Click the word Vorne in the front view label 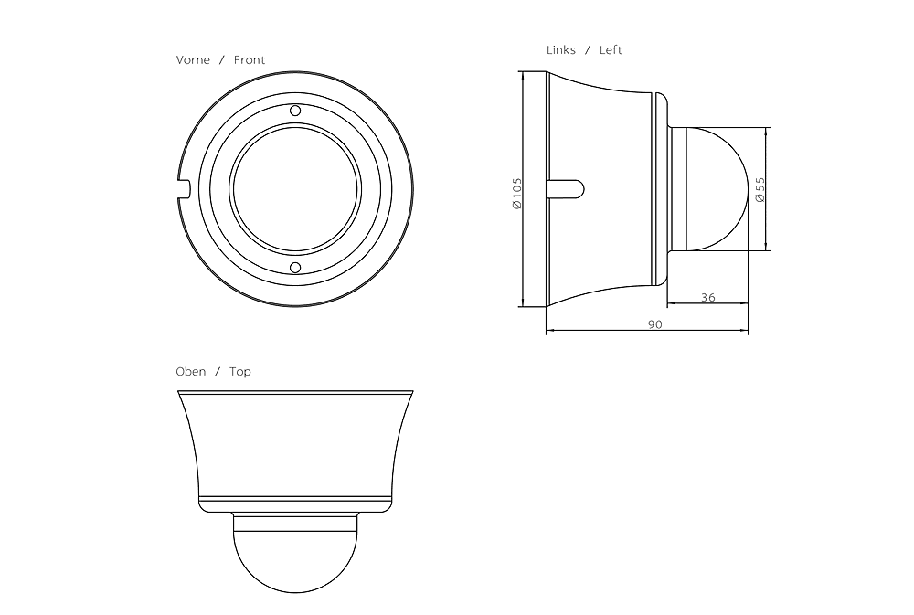193,60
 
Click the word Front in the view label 250,60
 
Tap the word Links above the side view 561,50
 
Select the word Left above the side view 611,50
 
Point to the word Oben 191,372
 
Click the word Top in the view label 240,372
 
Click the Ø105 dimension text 517,194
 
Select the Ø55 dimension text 760,189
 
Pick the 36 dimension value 708,297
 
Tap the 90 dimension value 654,324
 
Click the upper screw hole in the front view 295,111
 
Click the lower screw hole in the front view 295,268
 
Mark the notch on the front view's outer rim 182,189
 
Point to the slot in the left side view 565,188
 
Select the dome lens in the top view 295,557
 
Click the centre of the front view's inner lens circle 295,189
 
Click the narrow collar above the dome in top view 295,522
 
